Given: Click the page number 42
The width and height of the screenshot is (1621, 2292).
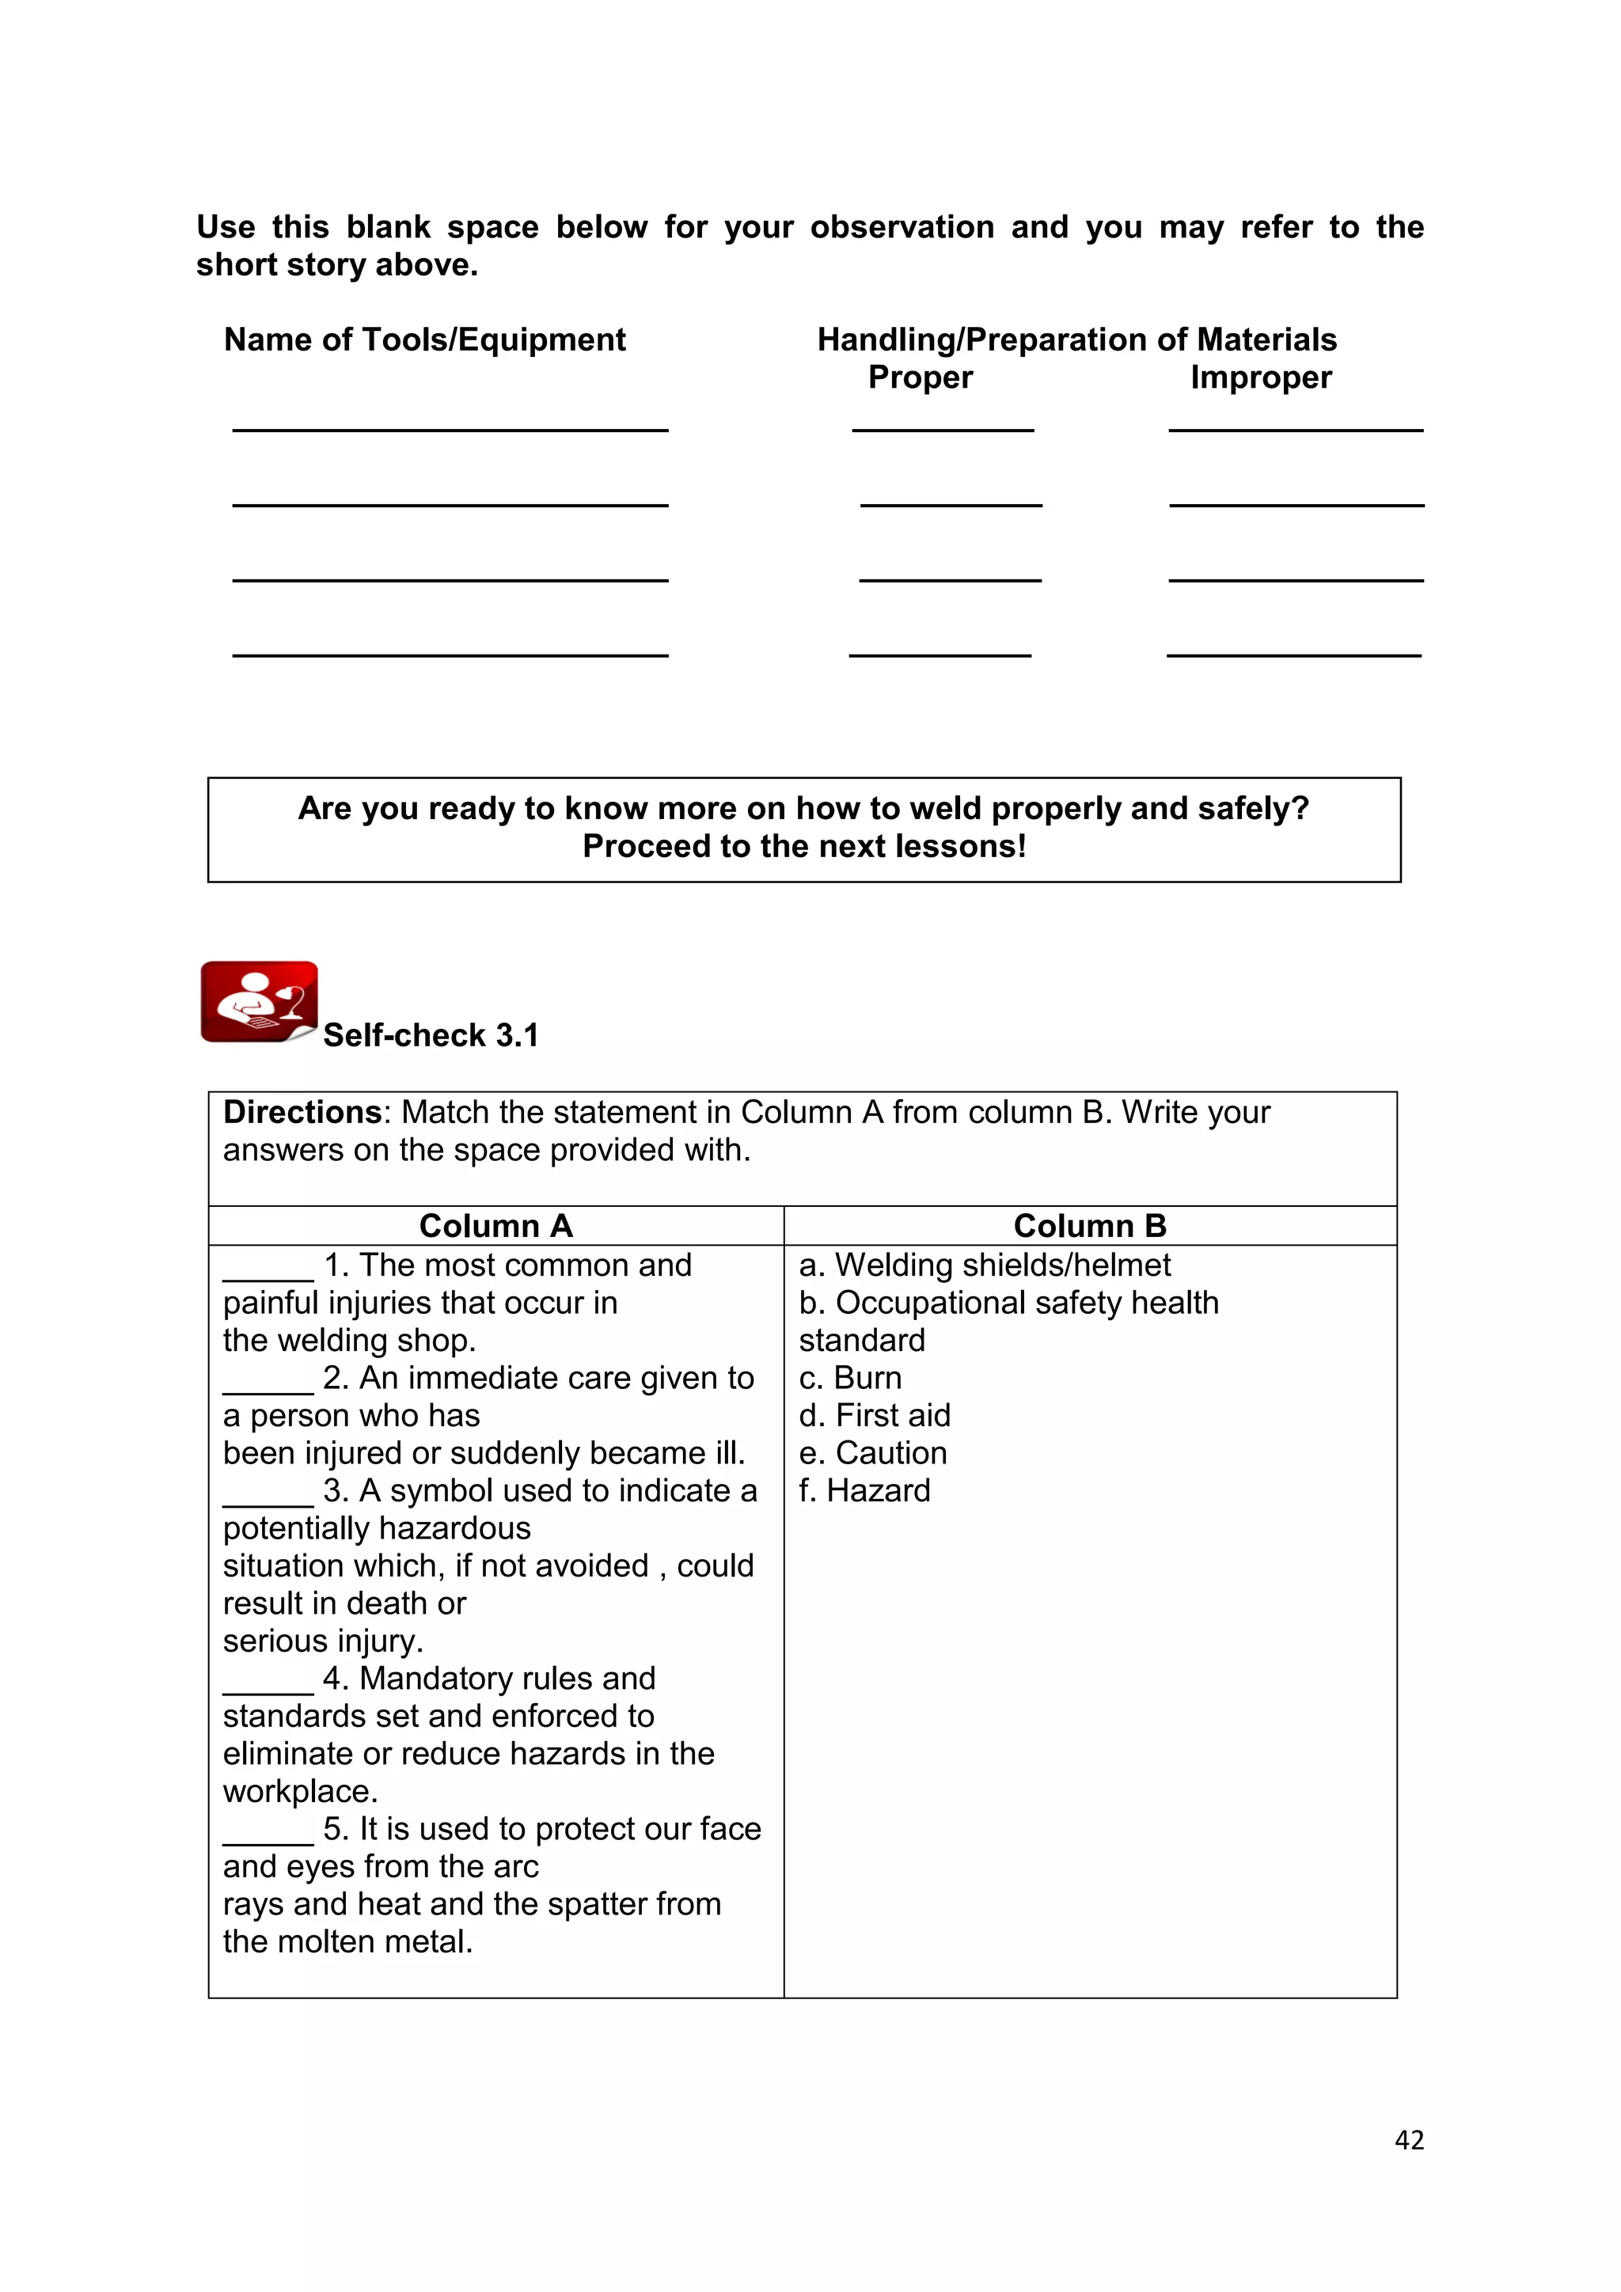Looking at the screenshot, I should [x=1408, y=2139].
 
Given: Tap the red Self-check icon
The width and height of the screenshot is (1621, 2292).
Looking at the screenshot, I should [x=259, y=1001].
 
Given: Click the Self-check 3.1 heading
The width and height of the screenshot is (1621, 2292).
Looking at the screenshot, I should [x=431, y=1035].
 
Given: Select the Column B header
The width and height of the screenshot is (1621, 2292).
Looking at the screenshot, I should [x=1089, y=1225].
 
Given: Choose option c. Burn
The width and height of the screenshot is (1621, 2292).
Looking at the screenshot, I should [x=850, y=1378].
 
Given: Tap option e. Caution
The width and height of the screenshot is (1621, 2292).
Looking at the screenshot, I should [x=872, y=1452].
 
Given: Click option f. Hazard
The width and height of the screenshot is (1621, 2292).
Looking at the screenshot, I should [x=864, y=1490].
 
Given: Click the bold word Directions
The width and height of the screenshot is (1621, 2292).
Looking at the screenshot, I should [x=302, y=1112].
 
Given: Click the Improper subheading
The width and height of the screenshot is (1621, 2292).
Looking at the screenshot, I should [x=1261, y=378].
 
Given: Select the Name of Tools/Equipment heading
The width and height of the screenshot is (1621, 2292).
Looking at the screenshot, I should [x=424, y=340].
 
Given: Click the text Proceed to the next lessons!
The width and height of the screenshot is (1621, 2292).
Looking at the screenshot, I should [x=803, y=847].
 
